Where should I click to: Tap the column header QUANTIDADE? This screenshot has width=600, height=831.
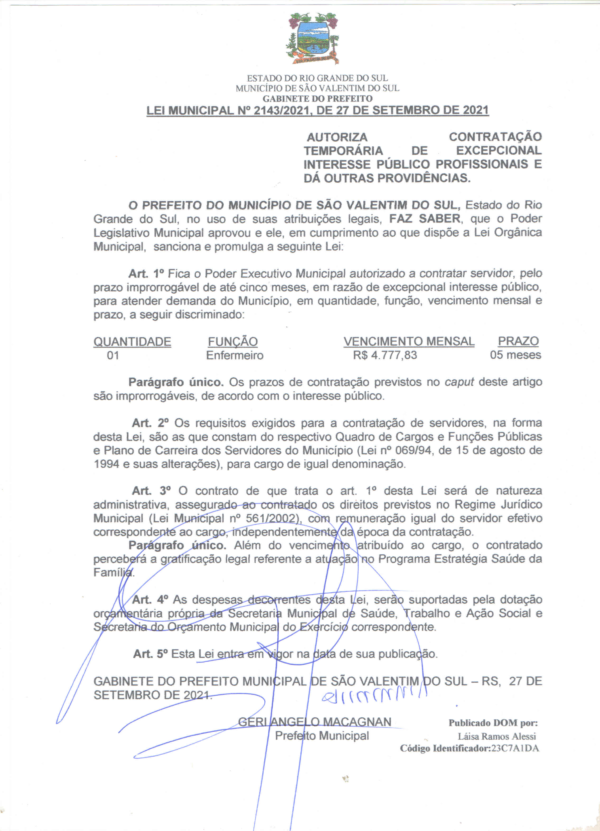[132, 342]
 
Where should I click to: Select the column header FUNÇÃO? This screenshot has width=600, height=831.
[233, 342]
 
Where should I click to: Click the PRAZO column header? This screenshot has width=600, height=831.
[518, 341]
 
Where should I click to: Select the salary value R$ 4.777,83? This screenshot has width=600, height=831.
[385, 355]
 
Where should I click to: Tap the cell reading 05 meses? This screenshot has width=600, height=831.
[515, 355]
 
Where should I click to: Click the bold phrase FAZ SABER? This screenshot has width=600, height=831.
[424, 219]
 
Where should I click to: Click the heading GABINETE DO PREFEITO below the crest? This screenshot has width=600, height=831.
[317, 98]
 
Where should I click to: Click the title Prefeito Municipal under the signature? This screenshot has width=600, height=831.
[322, 735]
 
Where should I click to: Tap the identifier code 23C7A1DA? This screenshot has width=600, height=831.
[515, 748]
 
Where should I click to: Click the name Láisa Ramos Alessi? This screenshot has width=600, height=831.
[497, 736]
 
